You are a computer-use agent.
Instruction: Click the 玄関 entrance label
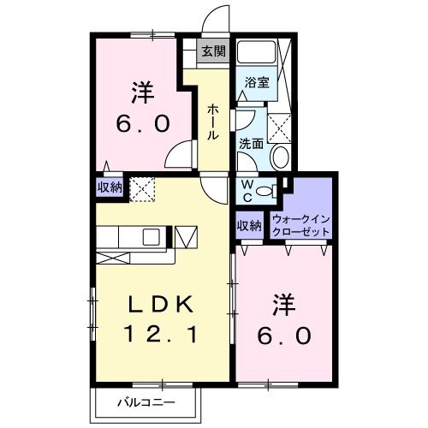pos(213,51)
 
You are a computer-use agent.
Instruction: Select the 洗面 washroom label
pos(250,143)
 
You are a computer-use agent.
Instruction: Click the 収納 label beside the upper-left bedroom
pos(109,187)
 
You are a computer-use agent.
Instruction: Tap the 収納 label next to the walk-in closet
pos(248,226)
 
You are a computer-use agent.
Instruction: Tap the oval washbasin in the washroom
pos(278,157)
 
